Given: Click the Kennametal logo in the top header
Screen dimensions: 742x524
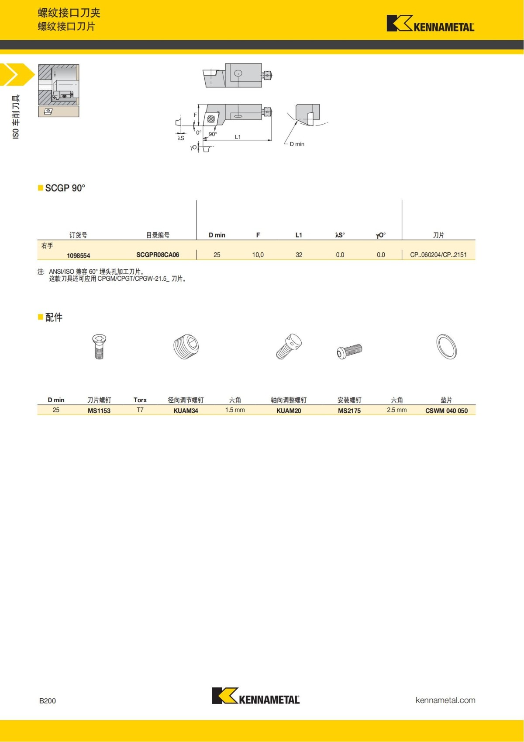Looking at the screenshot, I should tap(430, 24).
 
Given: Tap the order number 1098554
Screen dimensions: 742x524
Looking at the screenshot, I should tap(79, 256).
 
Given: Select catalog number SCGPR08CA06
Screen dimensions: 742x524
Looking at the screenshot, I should tap(158, 255).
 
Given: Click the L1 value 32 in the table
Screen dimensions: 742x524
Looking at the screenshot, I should tap(299, 255).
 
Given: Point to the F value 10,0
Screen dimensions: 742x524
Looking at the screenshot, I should tap(258, 255).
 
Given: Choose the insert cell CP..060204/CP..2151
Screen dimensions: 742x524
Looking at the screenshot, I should tap(438, 255).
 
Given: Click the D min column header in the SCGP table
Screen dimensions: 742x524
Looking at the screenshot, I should tap(217, 235).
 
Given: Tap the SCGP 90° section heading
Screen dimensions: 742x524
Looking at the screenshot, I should tap(65, 188).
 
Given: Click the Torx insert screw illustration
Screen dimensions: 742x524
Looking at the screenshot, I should tap(99, 346).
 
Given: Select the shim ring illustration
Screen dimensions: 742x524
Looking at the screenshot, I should tap(446, 347).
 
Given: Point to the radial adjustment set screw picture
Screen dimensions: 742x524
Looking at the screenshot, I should tap(186, 346).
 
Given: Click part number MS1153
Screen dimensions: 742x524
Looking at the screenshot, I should tap(99, 411).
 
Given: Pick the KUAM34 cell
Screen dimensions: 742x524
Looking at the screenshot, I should tap(186, 411).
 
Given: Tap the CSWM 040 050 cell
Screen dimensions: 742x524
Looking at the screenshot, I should tap(446, 411).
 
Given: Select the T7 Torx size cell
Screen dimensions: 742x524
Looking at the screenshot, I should tap(140, 410).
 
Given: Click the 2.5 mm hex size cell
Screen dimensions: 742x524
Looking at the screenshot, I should tap(396, 410).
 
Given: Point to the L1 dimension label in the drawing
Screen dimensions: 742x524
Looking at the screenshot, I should tap(238, 137).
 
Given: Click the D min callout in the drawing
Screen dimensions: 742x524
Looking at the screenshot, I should tap(297, 144).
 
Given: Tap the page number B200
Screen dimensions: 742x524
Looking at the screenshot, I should tap(48, 700).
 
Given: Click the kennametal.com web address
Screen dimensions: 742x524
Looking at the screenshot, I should tap(445, 700).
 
